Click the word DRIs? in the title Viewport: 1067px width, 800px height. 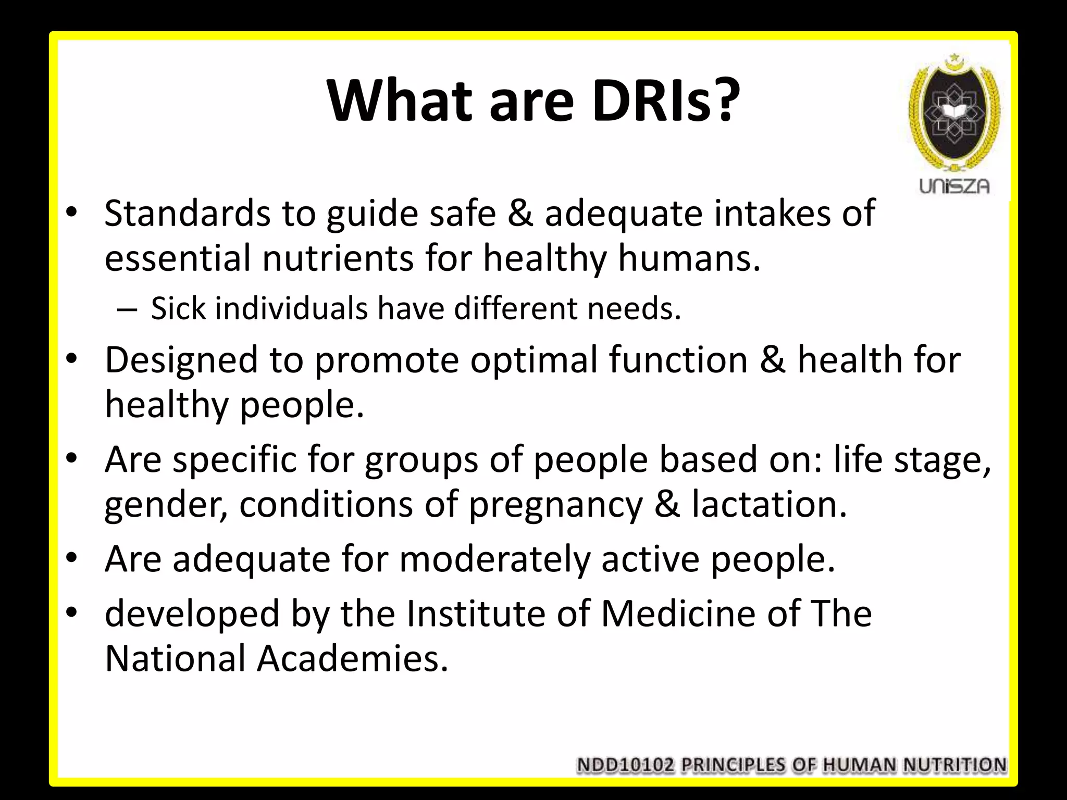pos(666,100)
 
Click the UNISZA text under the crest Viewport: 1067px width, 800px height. pos(954,186)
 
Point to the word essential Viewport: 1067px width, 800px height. pos(178,258)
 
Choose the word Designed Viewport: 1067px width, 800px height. pos(181,360)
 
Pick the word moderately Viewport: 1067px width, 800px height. pos(494,559)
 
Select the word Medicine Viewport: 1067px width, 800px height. pos(678,614)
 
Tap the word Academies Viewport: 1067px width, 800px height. pos(352,658)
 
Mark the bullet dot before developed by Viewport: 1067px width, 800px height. pos(72,611)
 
